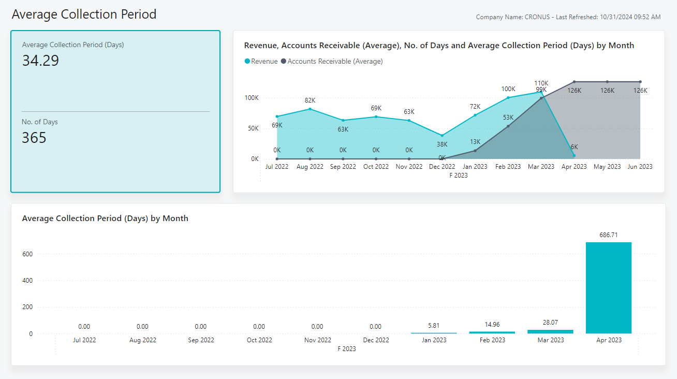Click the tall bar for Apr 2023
(x=608, y=288)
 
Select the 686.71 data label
(x=608, y=235)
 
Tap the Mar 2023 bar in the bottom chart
(x=550, y=331)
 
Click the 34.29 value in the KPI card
(x=40, y=61)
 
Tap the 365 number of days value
(x=34, y=138)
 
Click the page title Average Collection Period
(x=84, y=14)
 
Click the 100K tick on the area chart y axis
(x=252, y=98)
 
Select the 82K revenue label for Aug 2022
(x=310, y=100)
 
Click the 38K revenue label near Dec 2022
(x=442, y=145)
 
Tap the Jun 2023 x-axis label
(x=640, y=167)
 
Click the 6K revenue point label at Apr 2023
(x=575, y=147)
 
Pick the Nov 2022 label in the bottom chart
(x=317, y=340)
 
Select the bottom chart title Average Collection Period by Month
(x=105, y=218)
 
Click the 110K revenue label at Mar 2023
(x=541, y=83)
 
